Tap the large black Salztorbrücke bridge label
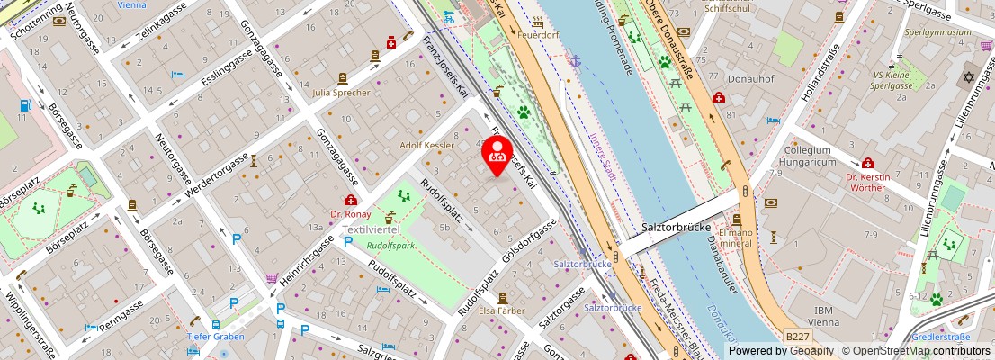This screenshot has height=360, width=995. click(677, 228)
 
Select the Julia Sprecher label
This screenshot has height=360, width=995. click(341, 93)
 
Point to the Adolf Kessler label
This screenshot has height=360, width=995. click(427, 145)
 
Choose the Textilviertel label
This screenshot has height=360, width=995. click(372, 230)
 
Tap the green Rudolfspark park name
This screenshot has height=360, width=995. click(390, 245)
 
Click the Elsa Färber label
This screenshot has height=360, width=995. click(502, 310)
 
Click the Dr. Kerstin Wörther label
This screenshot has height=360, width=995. click(867, 182)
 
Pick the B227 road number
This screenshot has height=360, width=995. click(797, 336)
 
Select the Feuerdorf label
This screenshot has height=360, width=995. click(539, 35)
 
